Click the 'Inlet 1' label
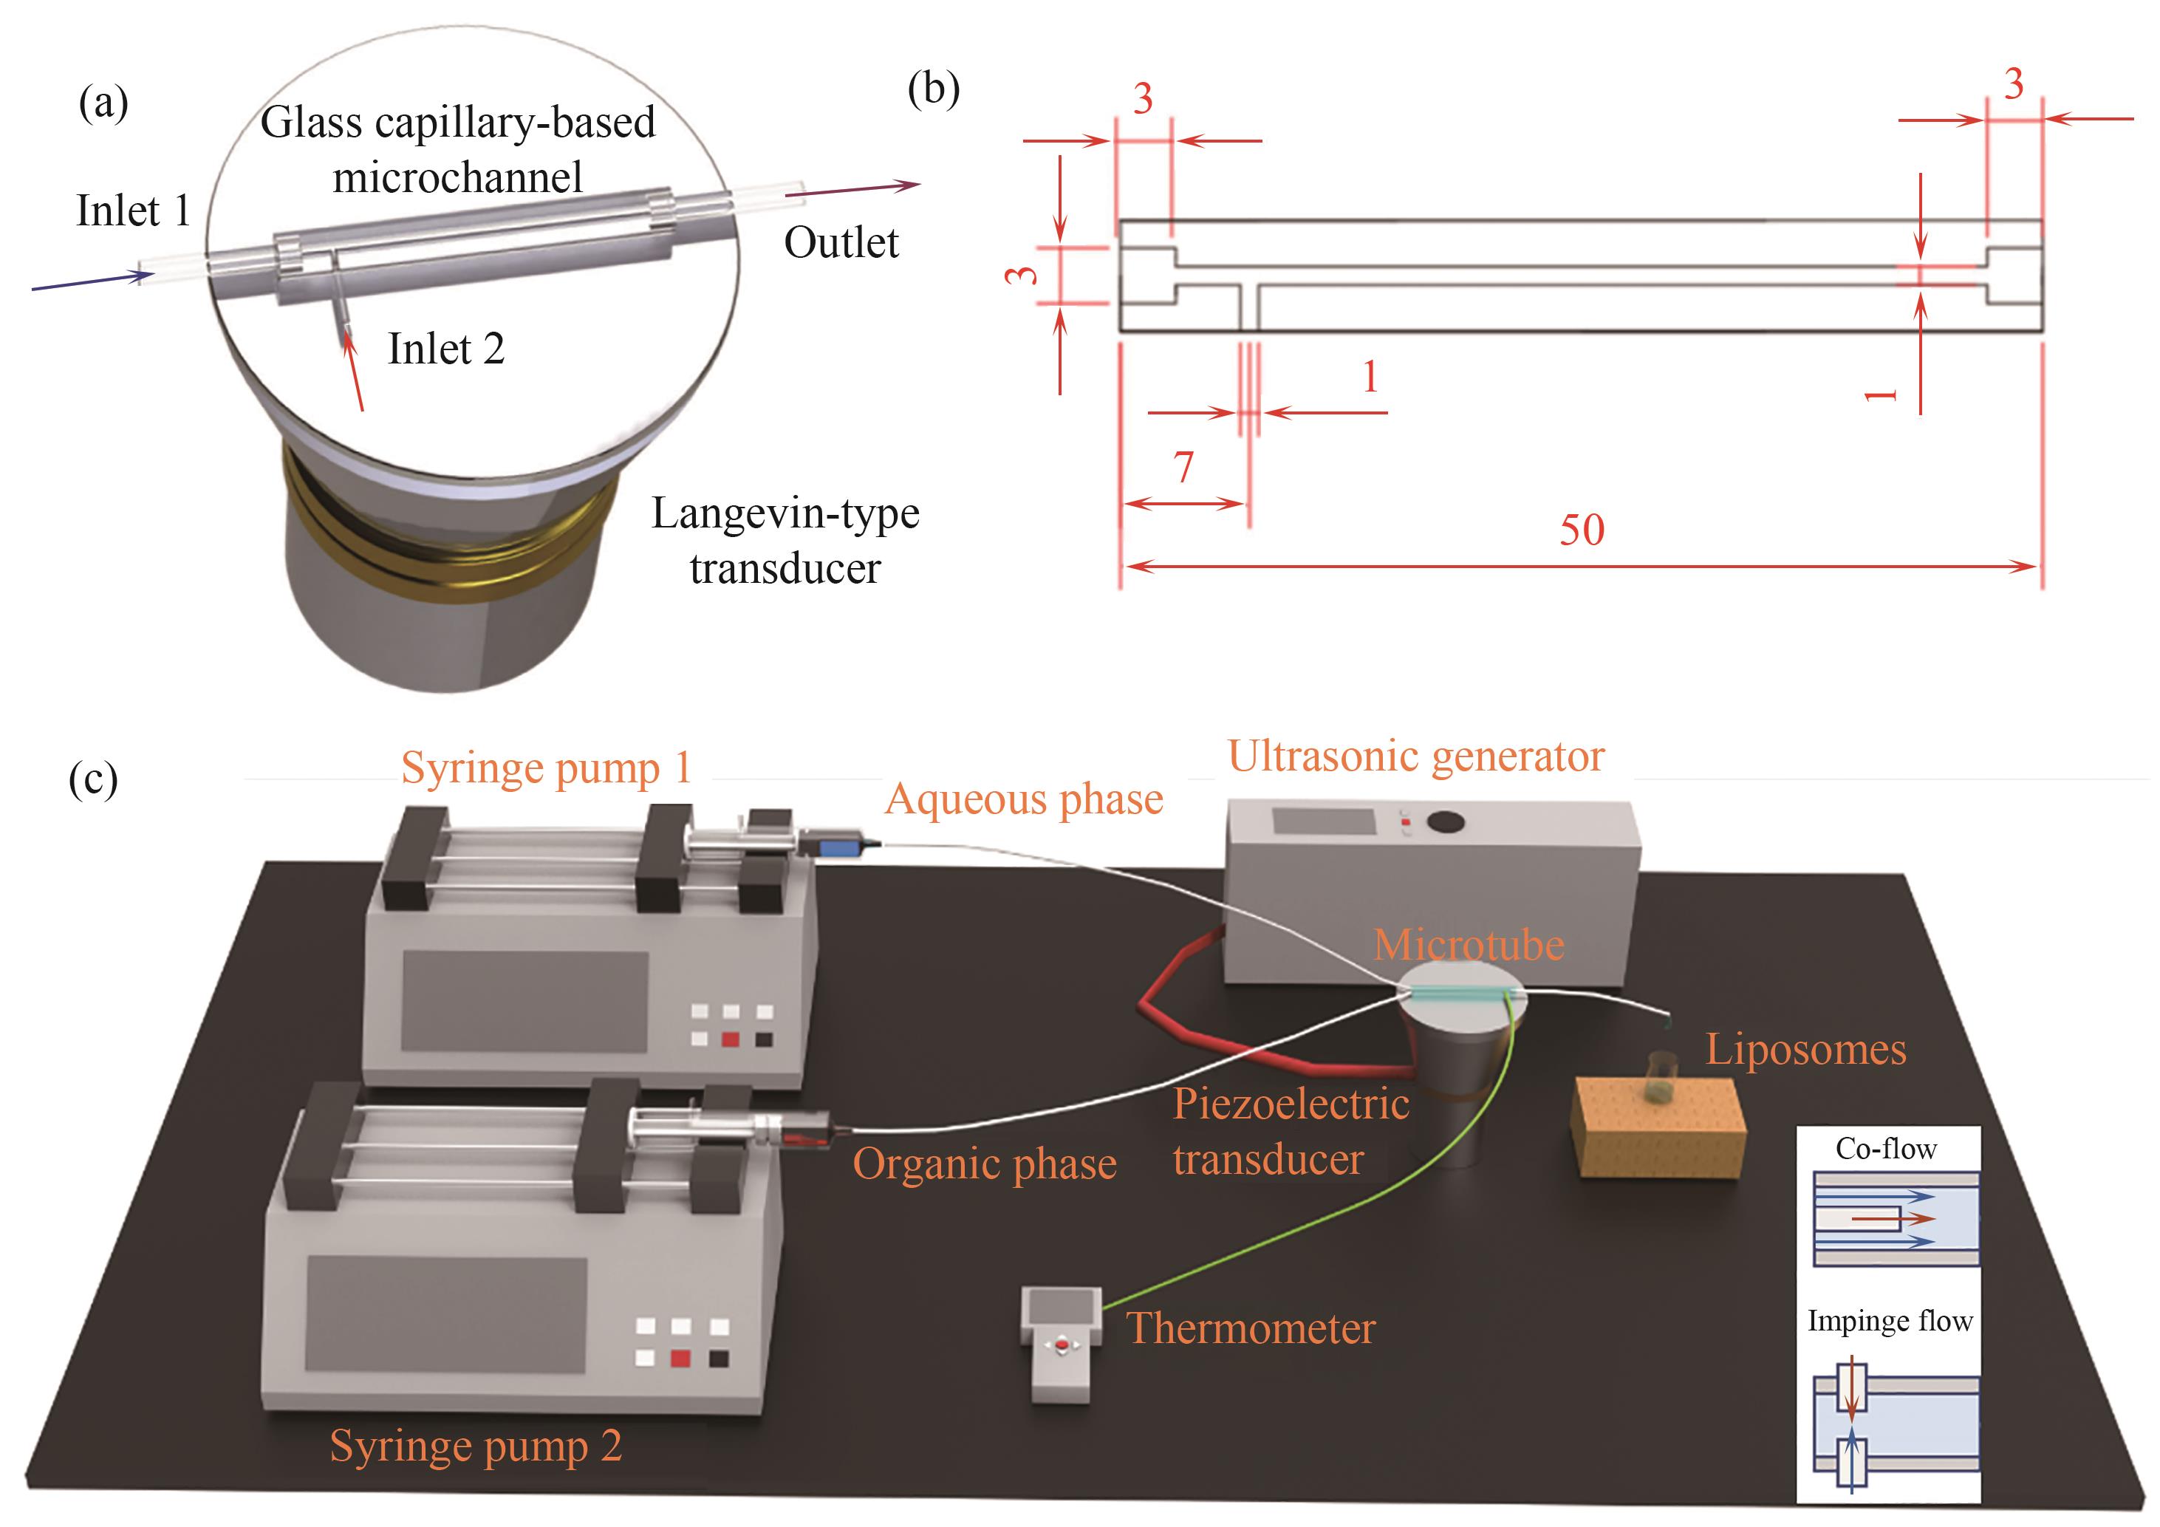click(133, 211)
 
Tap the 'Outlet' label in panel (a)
click(841, 243)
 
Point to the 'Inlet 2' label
click(446, 349)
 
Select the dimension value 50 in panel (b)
click(1582, 530)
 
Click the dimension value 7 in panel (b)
click(1183, 467)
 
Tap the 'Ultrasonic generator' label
click(1416, 756)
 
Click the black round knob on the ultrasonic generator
click(1445, 822)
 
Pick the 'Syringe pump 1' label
click(547, 768)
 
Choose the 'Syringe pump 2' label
click(476, 1446)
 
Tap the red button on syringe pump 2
click(680, 1358)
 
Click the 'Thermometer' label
click(1251, 1328)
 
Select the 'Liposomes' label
click(1805, 1049)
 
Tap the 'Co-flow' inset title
click(1885, 1149)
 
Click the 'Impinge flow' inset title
click(1889, 1321)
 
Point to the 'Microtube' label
click(1469, 945)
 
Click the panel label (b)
click(933, 89)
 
